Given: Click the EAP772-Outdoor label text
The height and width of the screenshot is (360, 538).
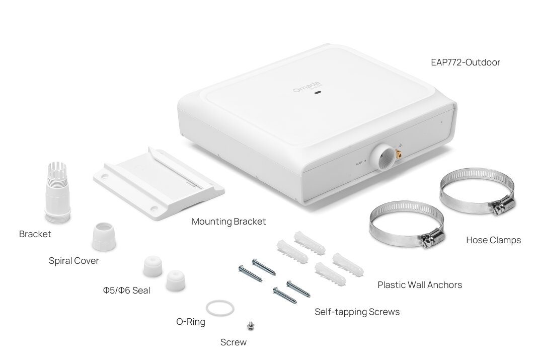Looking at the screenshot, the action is click(465, 62).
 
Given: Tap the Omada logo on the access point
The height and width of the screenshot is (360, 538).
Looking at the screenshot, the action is click(307, 87).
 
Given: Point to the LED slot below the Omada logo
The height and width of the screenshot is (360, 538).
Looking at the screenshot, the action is click(318, 93).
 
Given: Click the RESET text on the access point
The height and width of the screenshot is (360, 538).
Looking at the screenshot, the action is click(359, 163).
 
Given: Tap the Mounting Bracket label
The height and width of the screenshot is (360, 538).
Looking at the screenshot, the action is click(228, 222).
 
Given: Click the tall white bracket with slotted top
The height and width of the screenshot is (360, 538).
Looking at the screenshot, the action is click(58, 192).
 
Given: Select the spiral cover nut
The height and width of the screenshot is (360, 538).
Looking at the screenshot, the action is click(104, 236).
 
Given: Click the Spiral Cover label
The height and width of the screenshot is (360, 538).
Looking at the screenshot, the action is click(74, 261).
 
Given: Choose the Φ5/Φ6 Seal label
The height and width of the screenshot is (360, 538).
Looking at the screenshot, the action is click(127, 291).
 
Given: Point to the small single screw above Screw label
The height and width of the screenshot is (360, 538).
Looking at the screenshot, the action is click(251, 325).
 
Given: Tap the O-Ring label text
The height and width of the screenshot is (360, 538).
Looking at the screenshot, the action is click(191, 322).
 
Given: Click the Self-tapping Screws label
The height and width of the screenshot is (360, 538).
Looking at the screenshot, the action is click(357, 312).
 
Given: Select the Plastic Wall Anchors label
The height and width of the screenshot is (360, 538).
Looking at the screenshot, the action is click(420, 285).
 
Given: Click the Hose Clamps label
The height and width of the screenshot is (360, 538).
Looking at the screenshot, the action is click(493, 240).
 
